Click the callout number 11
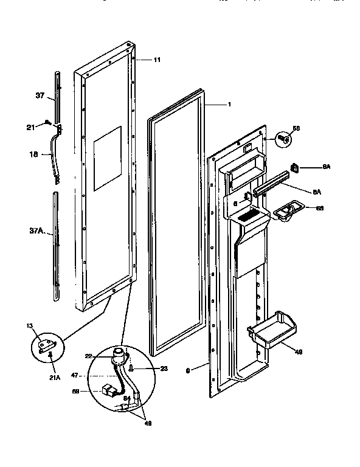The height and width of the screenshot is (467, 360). pos(157,60)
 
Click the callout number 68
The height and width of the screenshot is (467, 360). pos(320,208)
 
